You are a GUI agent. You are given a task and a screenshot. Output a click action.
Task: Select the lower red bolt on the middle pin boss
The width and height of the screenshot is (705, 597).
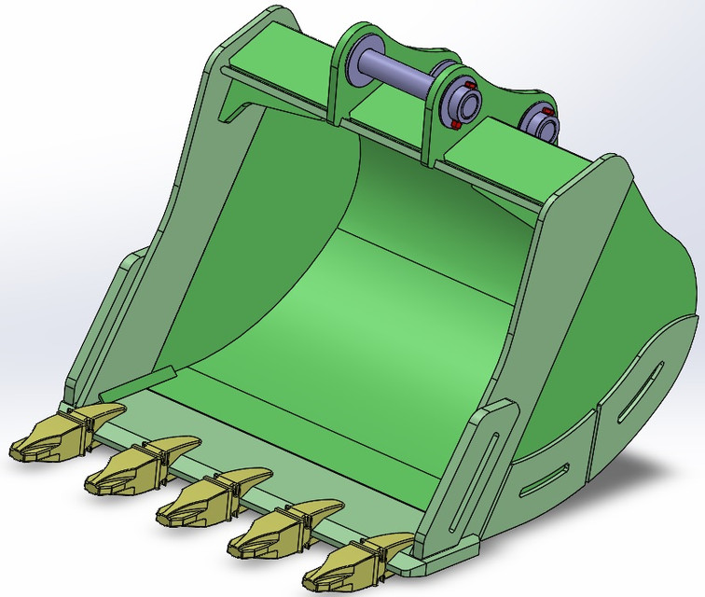[454, 122]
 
